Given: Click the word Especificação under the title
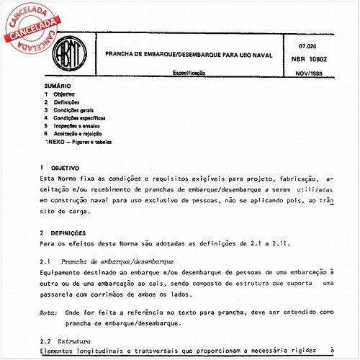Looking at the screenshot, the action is tap(190, 73).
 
